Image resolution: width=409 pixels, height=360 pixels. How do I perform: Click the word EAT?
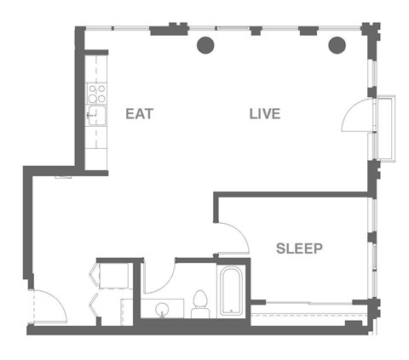point(140,113)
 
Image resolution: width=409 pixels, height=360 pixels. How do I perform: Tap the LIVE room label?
point(265,113)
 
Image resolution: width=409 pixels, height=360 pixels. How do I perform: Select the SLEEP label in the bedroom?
point(299,249)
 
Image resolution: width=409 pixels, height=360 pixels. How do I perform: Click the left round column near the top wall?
point(205,45)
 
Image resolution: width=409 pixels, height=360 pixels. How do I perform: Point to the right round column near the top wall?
point(337,45)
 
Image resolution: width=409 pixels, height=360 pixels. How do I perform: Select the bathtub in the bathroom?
point(231,292)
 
